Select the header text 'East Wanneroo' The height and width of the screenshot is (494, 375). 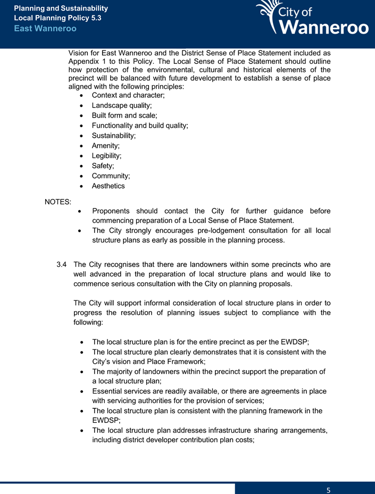[45, 28]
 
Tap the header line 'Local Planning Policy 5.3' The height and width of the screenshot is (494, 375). [57, 18]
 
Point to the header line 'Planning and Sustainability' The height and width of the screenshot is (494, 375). [61, 9]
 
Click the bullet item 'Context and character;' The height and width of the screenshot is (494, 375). [128, 95]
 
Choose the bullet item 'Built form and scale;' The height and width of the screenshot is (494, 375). [124, 115]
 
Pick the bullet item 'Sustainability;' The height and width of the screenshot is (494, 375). [114, 136]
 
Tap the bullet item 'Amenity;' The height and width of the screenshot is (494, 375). [106, 146]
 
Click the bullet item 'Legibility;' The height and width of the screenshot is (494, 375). [107, 156]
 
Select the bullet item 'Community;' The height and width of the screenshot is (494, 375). [111, 176]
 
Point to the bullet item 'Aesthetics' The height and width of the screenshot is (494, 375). [109, 186]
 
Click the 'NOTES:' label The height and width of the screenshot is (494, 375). [59, 202]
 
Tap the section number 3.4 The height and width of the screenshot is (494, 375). [62, 264]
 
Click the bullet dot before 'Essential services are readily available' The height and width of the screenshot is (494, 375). [80, 391]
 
